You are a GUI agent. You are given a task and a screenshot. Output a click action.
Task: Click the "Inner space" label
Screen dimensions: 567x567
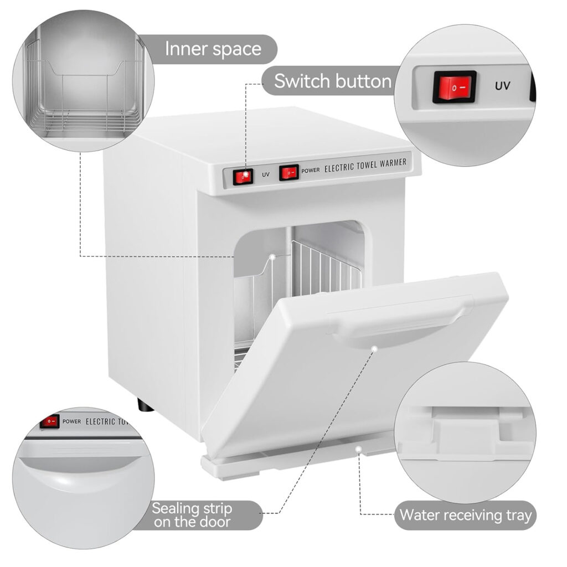tap(213, 49)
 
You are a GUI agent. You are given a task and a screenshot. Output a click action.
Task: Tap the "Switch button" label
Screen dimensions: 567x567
tap(333, 81)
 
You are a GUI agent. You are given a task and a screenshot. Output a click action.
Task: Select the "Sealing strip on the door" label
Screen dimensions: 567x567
tap(192, 515)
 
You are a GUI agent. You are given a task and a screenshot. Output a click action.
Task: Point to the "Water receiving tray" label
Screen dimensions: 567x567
tap(465, 516)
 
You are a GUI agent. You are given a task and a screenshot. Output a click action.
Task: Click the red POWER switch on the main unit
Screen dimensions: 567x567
tap(288, 172)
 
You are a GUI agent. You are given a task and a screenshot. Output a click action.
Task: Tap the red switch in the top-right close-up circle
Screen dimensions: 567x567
tap(455, 87)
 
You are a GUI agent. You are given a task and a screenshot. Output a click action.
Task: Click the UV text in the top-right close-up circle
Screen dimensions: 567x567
tap(502, 86)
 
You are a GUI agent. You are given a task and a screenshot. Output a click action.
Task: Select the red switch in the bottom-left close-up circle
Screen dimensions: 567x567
tap(50, 421)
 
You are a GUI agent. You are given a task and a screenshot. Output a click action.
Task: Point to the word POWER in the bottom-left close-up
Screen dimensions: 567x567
tap(71, 421)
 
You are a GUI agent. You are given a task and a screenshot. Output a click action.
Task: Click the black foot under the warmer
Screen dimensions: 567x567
tap(146, 406)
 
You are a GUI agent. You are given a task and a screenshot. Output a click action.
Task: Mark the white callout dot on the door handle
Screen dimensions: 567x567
tap(374, 349)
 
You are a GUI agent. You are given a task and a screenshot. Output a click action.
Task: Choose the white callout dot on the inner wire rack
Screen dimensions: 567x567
tap(272, 256)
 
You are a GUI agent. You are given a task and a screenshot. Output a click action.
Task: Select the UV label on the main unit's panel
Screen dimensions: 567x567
tap(265, 175)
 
